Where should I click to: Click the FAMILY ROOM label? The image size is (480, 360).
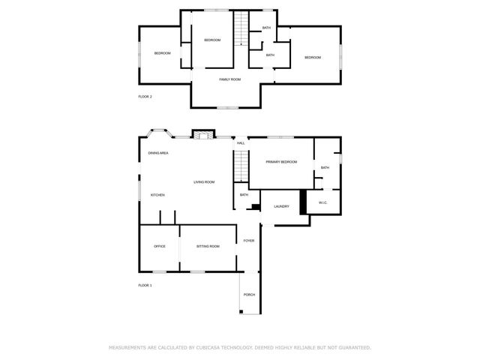[229, 79]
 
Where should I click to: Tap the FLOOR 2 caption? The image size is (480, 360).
[145, 97]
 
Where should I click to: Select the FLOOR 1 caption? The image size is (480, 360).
[145, 286]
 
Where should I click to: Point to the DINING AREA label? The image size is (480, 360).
[158, 153]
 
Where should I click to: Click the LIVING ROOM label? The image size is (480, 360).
[204, 182]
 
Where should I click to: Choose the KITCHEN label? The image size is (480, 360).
[157, 196]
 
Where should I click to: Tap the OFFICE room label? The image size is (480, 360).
[160, 247]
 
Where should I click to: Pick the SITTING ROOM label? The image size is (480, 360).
[208, 247]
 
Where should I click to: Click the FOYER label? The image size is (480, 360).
[248, 241]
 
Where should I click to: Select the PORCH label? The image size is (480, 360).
[249, 295]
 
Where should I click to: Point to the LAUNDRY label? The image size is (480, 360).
[281, 207]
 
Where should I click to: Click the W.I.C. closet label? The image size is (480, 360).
[323, 202]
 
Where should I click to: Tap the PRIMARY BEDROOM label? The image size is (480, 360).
[281, 162]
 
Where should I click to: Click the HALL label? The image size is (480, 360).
[241, 143]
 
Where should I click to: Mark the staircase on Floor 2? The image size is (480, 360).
[240, 29]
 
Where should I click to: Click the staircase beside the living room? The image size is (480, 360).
[240, 165]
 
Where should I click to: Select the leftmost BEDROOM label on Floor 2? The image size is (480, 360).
[163, 53]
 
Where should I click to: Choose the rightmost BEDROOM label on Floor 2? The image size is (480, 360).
[312, 58]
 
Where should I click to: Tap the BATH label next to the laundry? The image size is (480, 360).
[244, 195]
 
